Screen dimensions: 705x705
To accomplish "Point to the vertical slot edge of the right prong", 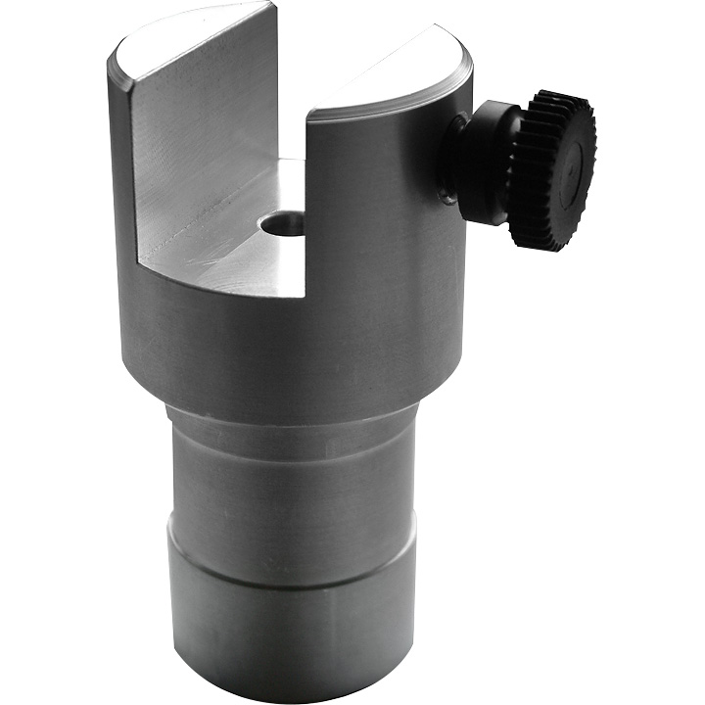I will pos(308,196).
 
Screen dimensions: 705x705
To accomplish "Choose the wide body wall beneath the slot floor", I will pos(284,343).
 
